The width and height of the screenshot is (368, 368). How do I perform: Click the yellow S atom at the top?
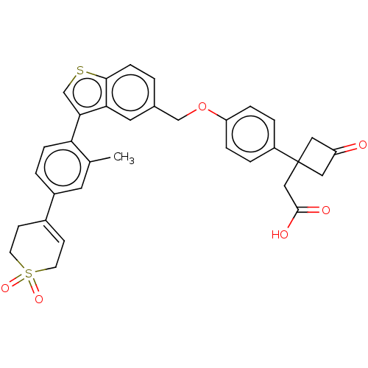click(x=80, y=71)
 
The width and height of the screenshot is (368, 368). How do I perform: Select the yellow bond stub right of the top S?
click(x=91, y=74)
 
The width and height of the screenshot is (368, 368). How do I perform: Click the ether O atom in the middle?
click(x=203, y=107)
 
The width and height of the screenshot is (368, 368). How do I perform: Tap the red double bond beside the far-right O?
click(x=349, y=149)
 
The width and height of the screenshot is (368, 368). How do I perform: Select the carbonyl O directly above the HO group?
click(x=325, y=210)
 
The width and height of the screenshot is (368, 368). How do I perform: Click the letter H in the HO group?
click(x=275, y=236)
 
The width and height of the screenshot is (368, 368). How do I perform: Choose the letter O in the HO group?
click(x=285, y=236)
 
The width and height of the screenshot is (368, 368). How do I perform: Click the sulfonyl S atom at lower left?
click(x=29, y=273)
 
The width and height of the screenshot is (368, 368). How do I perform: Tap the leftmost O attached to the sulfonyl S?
click(x=5, y=289)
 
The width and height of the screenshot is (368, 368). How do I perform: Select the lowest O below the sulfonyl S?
click(x=38, y=300)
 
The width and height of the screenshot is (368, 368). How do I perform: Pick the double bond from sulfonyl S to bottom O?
click(x=34, y=287)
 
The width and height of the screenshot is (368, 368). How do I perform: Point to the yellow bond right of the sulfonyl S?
click(x=40, y=271)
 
